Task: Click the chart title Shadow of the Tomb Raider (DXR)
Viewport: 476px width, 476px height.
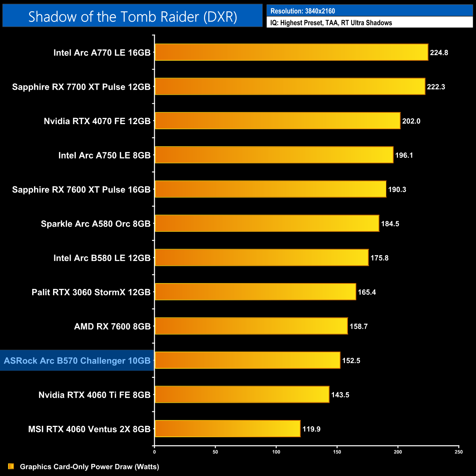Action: pyautogui.click(x=133, y=17)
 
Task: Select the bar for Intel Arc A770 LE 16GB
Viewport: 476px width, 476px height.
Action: pyautogui.click(x=291, y=52)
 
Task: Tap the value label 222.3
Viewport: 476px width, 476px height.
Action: pyautogui.click(x=436, y=87)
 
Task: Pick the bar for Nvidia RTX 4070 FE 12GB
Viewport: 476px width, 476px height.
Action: pyautogui.click(x=277, y=121)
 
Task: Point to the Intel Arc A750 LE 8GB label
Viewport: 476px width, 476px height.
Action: pyautogui.click(x=104, y=155)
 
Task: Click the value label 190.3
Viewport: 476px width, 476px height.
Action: pyautogui.click(x=397, y=190)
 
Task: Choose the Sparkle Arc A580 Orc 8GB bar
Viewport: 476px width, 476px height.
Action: pyautogui.click(x=267, y=223)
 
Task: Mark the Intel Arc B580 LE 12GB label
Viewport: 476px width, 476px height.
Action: pyautogui.click(x=102, y=258)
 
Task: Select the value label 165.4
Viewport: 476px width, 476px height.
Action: pyautogui.click(x=367, y=292)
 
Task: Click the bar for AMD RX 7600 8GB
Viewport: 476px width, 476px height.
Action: pyautogui.click(x=251, y=326)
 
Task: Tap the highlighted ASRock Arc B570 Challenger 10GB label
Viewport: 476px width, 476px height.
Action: pyautogui.click(x=77, y=361)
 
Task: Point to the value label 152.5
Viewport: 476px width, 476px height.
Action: pyautogui.click(x=351, y=361)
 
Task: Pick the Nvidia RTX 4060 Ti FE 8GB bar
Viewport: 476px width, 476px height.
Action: pyautogui.click(x=242, y=394)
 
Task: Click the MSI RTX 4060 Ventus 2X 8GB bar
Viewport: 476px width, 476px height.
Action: pyautogui.click(x=227, y=429)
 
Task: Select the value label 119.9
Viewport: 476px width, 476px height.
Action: pyautogui.click(x=311, y=429)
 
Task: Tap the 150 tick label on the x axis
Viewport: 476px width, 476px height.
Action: pyautogui.click(x=337, y=452)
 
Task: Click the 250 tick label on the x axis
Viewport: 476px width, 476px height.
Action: pyautogui.click(x=459, y=452)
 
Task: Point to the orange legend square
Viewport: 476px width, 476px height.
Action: pyautogui.click(x=11, y=466)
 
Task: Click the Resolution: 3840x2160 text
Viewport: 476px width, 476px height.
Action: pyautogui.click(x=302, y=11)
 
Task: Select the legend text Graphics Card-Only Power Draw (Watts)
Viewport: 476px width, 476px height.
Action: pyautogui.click(x=89, y=466)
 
